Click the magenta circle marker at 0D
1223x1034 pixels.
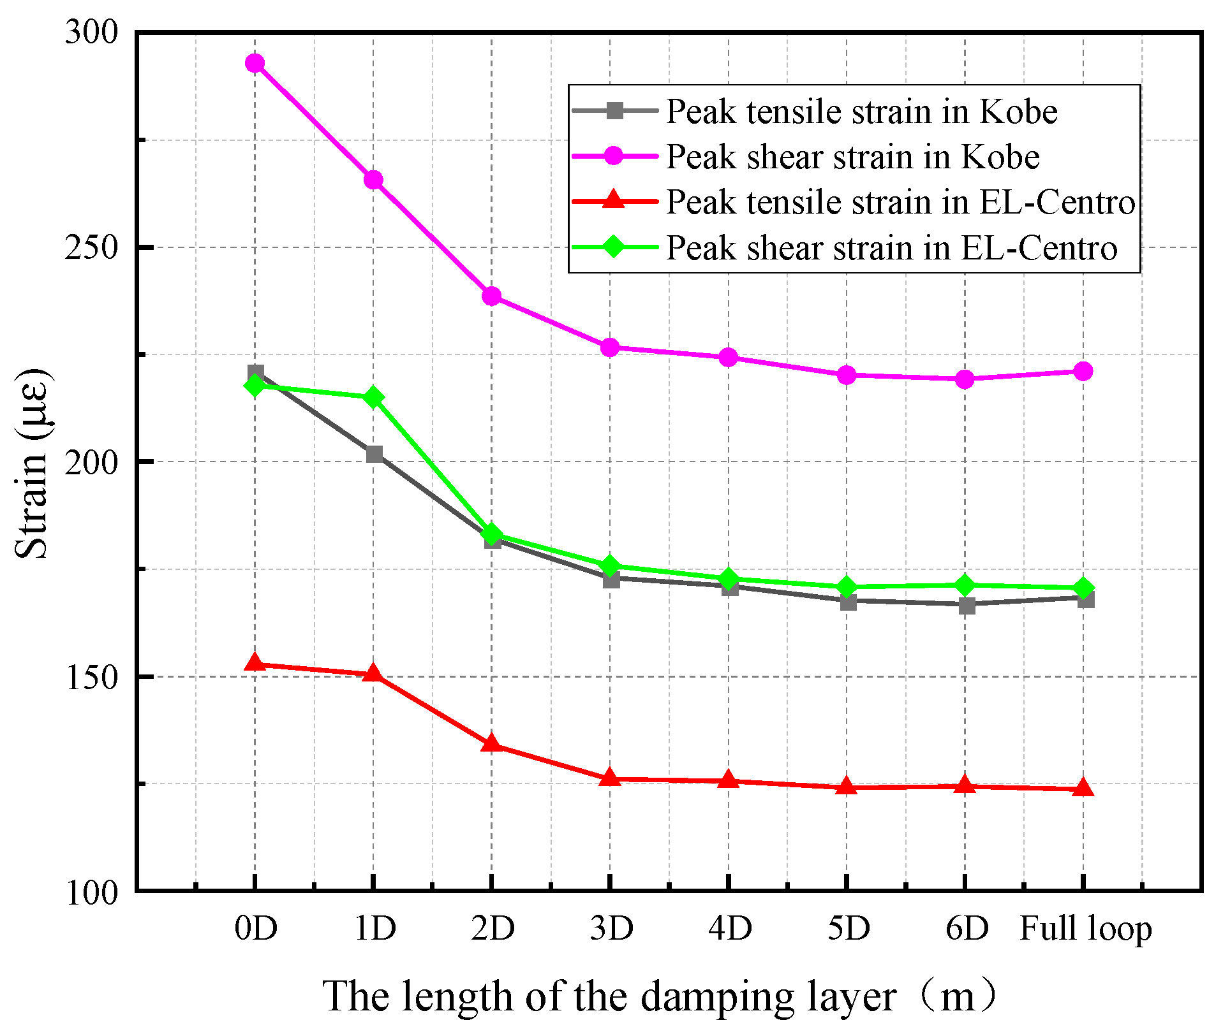(x=255, y=63)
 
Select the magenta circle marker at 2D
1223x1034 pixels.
(x=491, y=296)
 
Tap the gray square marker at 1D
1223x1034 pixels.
(x=374, y=454)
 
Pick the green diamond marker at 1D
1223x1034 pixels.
(x=374, y=398)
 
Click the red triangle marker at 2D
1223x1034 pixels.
(x=491, y=743)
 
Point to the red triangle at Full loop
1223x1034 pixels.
(x=1083, y=788)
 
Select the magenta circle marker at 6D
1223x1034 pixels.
(x=965, y=379)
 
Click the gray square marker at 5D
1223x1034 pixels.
(x=847, y=601)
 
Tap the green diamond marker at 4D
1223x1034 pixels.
(x=729, y=579)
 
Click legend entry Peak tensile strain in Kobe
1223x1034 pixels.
(x=861, y=112)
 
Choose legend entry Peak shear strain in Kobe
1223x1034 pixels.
(x=852, y=157)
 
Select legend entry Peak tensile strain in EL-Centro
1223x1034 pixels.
(x=900, y=202)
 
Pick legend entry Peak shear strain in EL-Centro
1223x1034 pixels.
(x=891, y=248)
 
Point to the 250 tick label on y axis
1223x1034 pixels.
(x=92, y=247)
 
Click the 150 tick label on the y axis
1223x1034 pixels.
(x=92, y=677)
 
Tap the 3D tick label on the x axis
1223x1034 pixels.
(x=611, y=928)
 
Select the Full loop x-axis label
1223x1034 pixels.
(x=1085, y=928)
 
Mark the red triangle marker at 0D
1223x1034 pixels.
(x=255, y=663)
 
